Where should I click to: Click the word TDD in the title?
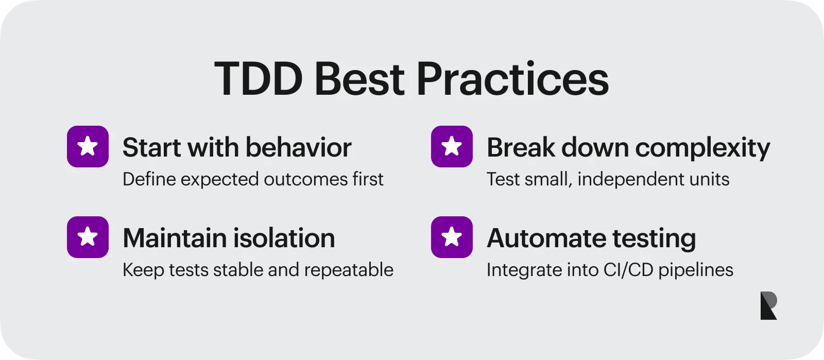pos(259,79)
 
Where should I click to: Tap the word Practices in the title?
pos(512,79)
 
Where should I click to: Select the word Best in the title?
pos(359,79)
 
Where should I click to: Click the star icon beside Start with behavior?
pos(88,146)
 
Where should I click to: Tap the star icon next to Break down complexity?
pos(452,146)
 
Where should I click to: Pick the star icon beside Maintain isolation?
pos(88,237)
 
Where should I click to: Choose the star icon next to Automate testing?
pos(452,237)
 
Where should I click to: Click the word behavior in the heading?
pos(298,147)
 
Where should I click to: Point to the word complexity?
pos(702,148)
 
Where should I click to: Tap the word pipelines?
pos(696,270)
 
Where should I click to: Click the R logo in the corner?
pos(769,305)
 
